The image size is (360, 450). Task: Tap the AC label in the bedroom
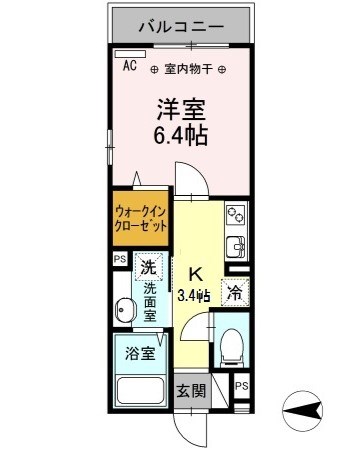coord(130,67)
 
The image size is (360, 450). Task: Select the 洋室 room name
coord(180,107)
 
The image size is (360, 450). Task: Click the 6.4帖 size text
coord(180,135)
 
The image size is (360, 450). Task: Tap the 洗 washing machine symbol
coord(147,267)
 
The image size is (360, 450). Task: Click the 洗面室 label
coord(149,301)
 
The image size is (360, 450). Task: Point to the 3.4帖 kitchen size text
coord(192,294)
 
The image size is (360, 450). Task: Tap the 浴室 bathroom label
coord(139,353)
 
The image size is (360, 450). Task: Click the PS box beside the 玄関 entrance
coord(241,387)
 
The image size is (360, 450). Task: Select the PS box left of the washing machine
coord(120,258)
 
